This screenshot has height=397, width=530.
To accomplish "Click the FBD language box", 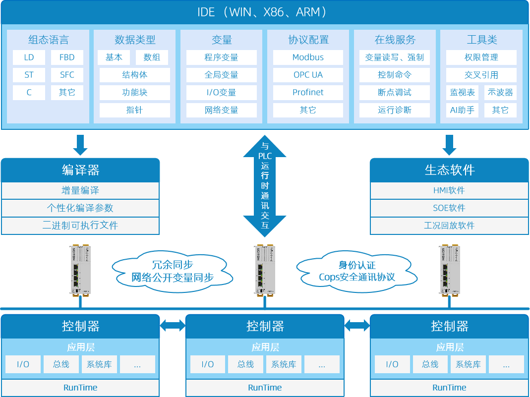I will pyautogui.click(x=67, y=57).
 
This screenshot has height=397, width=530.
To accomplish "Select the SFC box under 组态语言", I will pyautogui.click(x=67, y=75).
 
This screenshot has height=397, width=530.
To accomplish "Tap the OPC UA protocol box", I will pyautogui.click(x=308, y=75).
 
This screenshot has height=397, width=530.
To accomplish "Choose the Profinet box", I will pyautogui.click(x=308, y=93).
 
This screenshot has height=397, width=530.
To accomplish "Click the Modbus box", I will pyautogui.click(x=308, y=57).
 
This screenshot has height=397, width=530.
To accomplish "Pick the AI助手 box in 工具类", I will pyautogui.click(x=462, y=110).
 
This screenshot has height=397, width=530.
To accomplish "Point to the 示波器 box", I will pyautogui.click(x=500, y=93).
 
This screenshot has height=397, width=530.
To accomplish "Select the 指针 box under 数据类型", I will pyautogui.click(x=134, y=110).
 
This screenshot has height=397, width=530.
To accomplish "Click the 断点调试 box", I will pyautogui.click(x=395, y=93).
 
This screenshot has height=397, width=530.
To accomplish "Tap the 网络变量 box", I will pyautogui.click(x=221, y=110).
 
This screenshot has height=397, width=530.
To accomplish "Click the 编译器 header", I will pyautogui.click(x=80, y=170).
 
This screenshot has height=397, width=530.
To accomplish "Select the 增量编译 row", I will pyautogui.click(x=80, y=190).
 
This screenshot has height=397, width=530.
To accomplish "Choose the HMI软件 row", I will pyautogui.click(x=449, y=190).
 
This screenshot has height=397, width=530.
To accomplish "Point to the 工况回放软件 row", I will pyautogui.click(x=449, y=226).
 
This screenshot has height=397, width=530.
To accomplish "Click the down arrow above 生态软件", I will pyautogui.click(x=449, y=144).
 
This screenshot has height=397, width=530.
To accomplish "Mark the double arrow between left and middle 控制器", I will pyautogui.click(x=173, y=326).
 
